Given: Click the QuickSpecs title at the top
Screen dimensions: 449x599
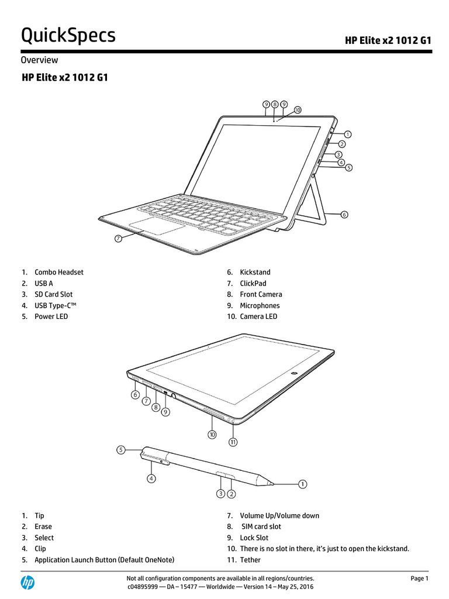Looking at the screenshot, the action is point(68,36).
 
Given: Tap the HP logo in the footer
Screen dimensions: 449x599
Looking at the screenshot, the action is point(27,583).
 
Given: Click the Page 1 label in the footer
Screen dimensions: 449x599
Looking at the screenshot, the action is point(419,579).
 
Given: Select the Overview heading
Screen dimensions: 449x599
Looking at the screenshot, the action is point(39,60).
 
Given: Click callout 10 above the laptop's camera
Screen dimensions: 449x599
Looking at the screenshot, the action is point(298,110).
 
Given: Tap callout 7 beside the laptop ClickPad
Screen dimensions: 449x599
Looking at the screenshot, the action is point(118,239).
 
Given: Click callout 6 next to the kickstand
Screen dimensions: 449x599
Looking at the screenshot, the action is point(344,215).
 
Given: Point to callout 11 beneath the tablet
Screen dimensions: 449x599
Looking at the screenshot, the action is point(233,442).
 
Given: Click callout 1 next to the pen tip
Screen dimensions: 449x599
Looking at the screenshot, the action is point(302,484).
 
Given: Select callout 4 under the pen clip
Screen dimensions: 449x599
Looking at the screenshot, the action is point(151,478).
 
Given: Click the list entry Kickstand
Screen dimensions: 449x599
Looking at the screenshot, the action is point(255,272).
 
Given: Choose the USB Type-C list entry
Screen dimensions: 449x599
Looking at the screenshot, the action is point(56,305).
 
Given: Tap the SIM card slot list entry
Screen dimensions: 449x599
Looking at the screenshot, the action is point(261,526).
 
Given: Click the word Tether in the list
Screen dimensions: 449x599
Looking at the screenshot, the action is point(250,560).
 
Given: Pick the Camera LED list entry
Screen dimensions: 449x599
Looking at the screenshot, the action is point(258,316).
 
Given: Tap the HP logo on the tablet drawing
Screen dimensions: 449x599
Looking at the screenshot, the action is point(294,373).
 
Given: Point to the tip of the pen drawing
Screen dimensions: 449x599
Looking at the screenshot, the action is point(274,484).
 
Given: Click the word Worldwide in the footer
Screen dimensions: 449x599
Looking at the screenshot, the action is point(220,586).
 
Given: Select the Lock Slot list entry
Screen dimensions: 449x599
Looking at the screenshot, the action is point(254,538).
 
